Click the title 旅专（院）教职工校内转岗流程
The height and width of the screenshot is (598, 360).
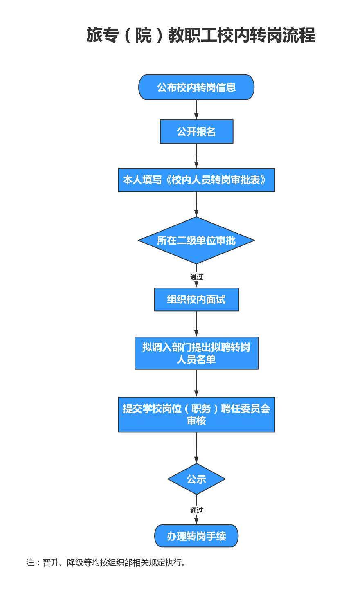(x=200, y=35)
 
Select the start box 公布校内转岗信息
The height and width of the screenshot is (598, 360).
(x=196, y=87)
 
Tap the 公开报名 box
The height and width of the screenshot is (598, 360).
(x=196, y=132)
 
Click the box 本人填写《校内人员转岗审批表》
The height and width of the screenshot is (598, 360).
(x=196, y=180)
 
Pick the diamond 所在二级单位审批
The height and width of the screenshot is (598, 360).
(x=196, y=240)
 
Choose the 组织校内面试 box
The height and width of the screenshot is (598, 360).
(x=196, y=299)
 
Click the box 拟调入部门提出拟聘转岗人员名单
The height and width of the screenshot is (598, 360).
(x=196, y=353)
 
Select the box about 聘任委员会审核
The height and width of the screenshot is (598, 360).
(x=196, y=414)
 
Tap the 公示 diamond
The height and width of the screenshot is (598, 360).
(x=196, y=479)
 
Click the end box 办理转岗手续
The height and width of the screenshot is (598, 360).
(x=196, y=536)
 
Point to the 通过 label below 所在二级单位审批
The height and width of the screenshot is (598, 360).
(x=196, y=277)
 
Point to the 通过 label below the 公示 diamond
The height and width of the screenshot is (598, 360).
(x=196, y=510)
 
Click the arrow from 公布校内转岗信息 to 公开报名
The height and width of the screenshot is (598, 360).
(x=196, y=110)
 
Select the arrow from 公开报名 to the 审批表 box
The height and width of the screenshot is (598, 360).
(x=196, y=156)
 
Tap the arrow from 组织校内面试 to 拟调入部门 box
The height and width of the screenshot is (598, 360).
(x=196, y=324)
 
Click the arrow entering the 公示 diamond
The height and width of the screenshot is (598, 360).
(x=196, y=448)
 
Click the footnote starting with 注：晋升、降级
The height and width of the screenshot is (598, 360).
(x=106, y=562)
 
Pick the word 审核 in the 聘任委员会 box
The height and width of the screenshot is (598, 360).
(x=196, y=421)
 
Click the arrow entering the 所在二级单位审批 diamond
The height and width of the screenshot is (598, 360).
(x=196, y=204)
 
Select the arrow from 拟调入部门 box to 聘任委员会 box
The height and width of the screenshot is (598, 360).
(x=196, y=383)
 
